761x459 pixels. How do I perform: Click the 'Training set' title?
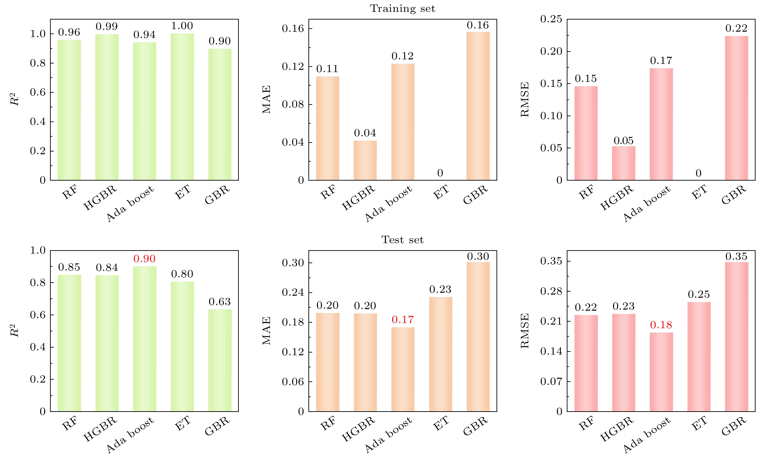pyautogui.click(x=402, y=9)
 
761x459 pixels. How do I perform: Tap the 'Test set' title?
pyautogui.click(x=402, y=240)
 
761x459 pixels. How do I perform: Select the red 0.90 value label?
pyautogui.click(x=144, y=259)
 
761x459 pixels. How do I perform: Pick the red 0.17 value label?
pyautogui.click(x=403, y=320)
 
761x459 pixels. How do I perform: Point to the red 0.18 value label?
pyautogui.click(x=661, y=325)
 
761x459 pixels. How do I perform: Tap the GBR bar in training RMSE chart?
pyautogui.click(x=737, y=108)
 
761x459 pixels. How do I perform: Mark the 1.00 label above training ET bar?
pyautogui.click(x=182, y=26)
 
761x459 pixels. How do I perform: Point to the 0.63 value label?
pyautogui.click(x=220, y=302)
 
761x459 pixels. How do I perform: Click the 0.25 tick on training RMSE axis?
pyautogui.click(x=551, y=19)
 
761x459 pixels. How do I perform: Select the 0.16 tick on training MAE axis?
pyautogui.click(x=293, y=29)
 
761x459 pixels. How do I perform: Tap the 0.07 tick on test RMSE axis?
pyautogui.click(x=551, y=381)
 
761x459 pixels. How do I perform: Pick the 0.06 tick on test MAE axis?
pyautogui.click(x=293, y=382)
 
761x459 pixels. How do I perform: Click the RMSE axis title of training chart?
pyautogui.click(x=525, y=99)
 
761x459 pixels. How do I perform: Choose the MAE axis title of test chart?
pyautogui.click(x=266, y=330)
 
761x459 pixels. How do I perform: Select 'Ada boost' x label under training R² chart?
pyautogui.click(x=130, y=204)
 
